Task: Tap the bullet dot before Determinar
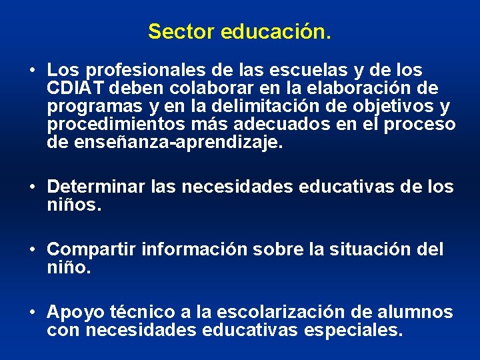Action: (32, 187)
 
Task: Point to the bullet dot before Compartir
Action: (32, 250)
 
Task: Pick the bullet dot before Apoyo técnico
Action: (32, 313)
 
